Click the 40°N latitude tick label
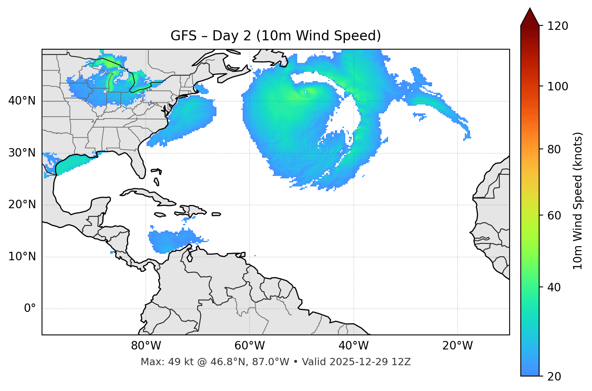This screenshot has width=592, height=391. tap(22, 101)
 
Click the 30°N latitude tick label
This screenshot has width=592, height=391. tap(22, 153)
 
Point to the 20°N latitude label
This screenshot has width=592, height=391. tap(22, 205)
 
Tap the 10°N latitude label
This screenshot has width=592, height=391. tap(22, 257)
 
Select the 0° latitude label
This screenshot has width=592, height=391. tap(30, 309)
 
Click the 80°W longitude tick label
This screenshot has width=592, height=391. tap(146, 346)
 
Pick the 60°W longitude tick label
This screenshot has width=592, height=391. tap(250, 346)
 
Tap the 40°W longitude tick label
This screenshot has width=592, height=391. tap(353, 346)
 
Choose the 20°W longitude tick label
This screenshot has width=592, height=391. tap(458, 346)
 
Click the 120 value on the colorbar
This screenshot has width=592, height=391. tap(558, 26)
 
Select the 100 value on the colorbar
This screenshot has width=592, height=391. tap(558, 86)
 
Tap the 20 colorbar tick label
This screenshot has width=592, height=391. tap(554, 376)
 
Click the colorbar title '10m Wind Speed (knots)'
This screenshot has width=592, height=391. tap(578, 201)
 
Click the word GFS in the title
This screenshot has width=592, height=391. tap(183, 36)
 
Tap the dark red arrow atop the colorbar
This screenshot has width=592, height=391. tap(530, 17)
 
